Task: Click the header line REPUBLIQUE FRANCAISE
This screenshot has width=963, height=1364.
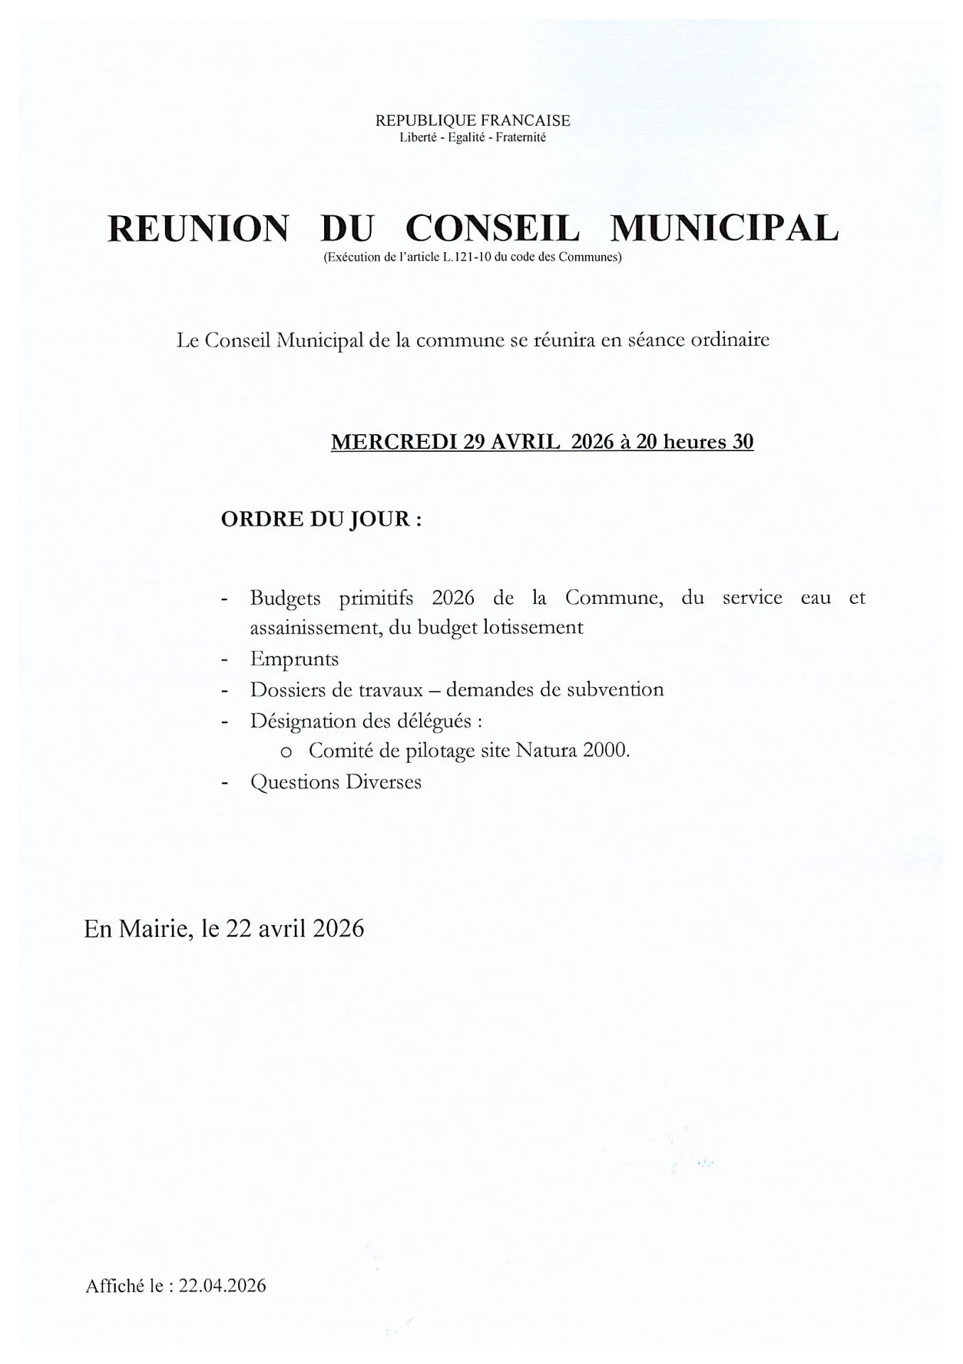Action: pos(473,121)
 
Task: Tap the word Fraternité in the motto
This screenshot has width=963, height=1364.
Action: pos(520,138)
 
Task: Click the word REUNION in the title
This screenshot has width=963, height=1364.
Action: pos(198,229)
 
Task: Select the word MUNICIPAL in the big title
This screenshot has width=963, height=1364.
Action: pos(724,229)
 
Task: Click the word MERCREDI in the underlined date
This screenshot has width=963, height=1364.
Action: pos(394,442)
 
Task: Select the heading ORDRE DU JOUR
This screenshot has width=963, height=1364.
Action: pos(321,519)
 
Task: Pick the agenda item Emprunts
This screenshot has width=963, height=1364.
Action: pos(294,659)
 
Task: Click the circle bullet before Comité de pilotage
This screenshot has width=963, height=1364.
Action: pos(286,752)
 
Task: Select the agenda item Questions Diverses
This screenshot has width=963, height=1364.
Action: pos(335,783)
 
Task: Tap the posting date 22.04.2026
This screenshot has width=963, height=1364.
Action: pos(222,1286)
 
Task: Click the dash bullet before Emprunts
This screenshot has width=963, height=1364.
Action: pos(225,660)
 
